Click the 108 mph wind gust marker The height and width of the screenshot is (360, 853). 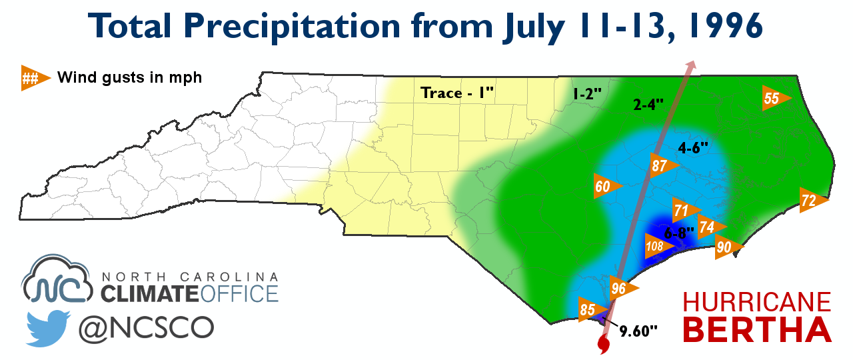(x=657, y=247)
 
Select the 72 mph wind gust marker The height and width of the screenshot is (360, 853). (x=810, y=200)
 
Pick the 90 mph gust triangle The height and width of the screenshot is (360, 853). (x=726, y=247)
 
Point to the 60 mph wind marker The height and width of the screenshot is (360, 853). (x=604, y=186)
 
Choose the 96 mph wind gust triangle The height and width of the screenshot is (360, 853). (x=621, y=289)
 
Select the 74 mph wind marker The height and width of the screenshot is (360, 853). (x=709, y=227)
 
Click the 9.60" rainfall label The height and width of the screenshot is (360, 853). (x=638, y=329)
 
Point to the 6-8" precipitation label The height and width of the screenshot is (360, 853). (x=680, y=233)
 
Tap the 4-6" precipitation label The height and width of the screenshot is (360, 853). (x=692, y=149)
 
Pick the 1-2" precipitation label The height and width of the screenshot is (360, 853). (x=586, y=95)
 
